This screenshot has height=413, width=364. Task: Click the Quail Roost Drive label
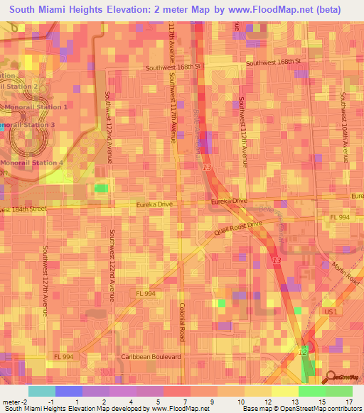coord(239,228)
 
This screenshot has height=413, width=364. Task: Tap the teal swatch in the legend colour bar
coord(41,391)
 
